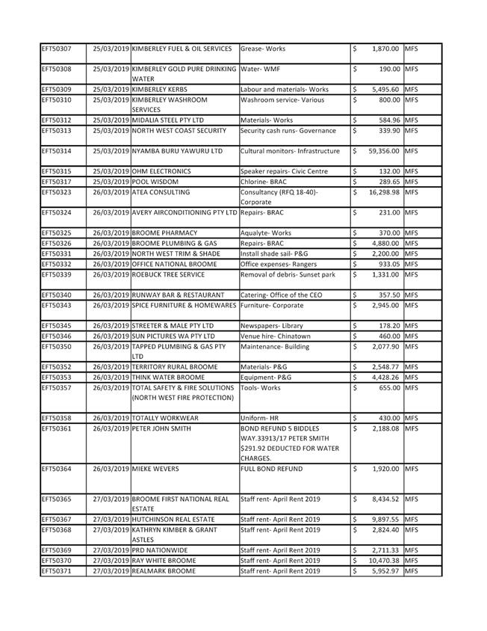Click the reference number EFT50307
57,49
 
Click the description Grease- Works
263,49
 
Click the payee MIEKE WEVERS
155,469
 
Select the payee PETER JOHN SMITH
161,428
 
